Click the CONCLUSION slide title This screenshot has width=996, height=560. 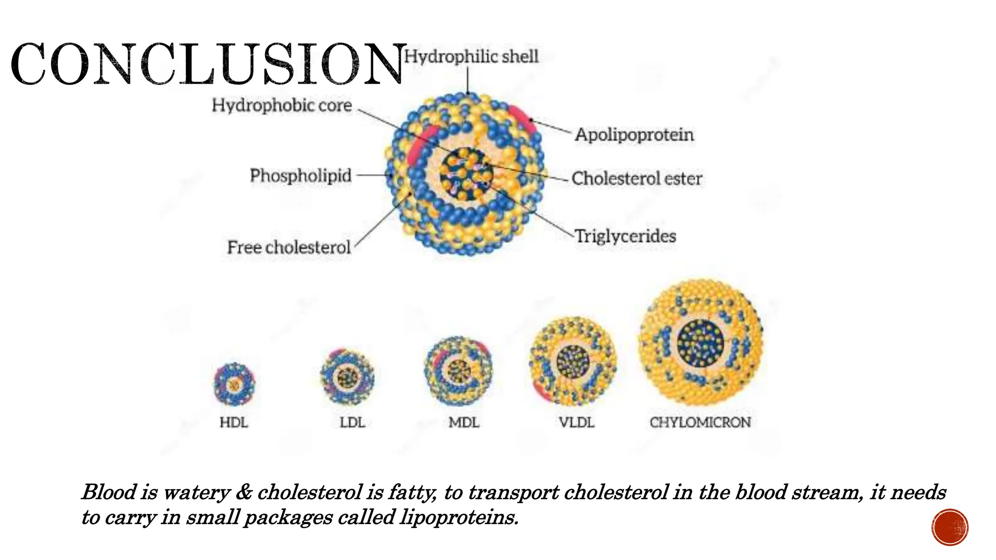pyautogui.click(x=208, y=64)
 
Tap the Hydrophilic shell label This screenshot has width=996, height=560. pyautogui.click(x=471, y=56)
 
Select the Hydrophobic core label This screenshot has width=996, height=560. pyautogui.click(x=282, y=105)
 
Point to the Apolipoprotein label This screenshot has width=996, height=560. pyautogui.click(x=634, y=135)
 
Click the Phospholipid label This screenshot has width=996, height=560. pyautogui.click(x=301, y=175)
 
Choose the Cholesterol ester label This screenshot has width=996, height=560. pyautogui.click(x=637, y=178)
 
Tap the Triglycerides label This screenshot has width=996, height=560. pyautogui.click(x=625, y=236)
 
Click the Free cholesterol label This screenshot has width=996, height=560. pyautogui.click(x=289, y=247)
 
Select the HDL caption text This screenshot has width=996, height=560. pyautogui.click(x=234, y=422)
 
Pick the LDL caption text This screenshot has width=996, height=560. pyautogui.click(x=352, y=422)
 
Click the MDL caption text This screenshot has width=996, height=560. pyautogui.click(x=464, y=422)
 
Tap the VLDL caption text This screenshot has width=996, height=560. pyautogui.click(x=576, y=422)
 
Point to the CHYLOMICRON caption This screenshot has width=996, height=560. pyautogui.click(x=700, y=422)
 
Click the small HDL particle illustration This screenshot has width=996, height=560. pyautogui.click(x=234, y=385)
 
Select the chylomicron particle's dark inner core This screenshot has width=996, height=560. pyautogui.click(x=700, y=343)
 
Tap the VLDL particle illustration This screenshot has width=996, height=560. pyautogui.click(x=573, y=361)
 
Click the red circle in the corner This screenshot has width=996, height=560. pyautogui.click(x=950, y=527)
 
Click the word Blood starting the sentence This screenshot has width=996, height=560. pyautogui.click(x=109, y=492)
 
